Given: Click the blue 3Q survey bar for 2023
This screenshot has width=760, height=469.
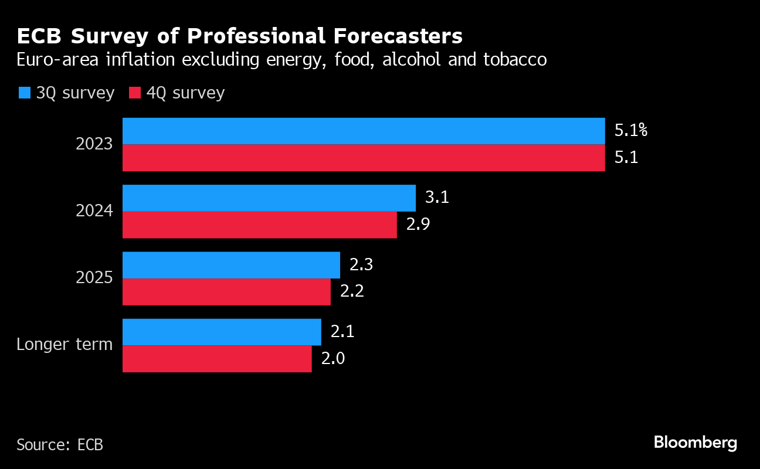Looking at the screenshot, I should pyautogui.click(x=364, y=131).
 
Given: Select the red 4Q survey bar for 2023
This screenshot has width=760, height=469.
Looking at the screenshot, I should pyautogui.click(x=364, y=158).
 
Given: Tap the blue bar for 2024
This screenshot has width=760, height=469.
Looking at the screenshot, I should pyautogui.click(x=269, y=198).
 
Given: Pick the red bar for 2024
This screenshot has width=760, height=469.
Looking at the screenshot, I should pyautogui.click(x=259, y=225).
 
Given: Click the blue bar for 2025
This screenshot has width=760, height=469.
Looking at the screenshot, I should pyautogui.click(x=231, y=265).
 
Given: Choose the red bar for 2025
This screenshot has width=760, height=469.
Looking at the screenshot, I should pyautogui.click(x=226, y=292).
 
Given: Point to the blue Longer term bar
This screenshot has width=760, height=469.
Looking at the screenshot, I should pyautogui.click(x=222, y=332).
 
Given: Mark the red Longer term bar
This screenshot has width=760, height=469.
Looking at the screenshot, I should pyautogui.click(x=217, y=359).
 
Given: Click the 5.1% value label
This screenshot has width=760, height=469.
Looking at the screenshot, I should pyautogui.click(x=630, y=131).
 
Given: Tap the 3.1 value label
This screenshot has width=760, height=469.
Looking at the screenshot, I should pyautogui.click(x=437, y=198).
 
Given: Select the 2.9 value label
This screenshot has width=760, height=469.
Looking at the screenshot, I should pyautogui.click(x=418, y=225).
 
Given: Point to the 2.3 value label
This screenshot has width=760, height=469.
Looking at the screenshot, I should pyautogui.click(x=361, y=265).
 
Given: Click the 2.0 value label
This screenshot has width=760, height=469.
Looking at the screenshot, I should pyautogui.click(x=333, y=359).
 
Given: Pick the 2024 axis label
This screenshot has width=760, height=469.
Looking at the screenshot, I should pyautogui.click(x=94, y=211).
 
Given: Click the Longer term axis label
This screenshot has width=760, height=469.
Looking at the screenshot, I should pyautogui.click(x=65, y=344).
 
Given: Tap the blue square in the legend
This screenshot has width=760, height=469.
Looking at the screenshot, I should pyautogui.click(x=25, y=93).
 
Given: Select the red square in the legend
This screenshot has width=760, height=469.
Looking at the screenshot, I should pyautogui.click(x=135, y=93).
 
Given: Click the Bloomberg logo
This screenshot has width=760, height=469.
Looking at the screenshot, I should pyautogui.click(x=695, y=443).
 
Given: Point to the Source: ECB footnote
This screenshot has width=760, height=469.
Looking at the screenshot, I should pyautogui.click(x=60, y=444).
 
